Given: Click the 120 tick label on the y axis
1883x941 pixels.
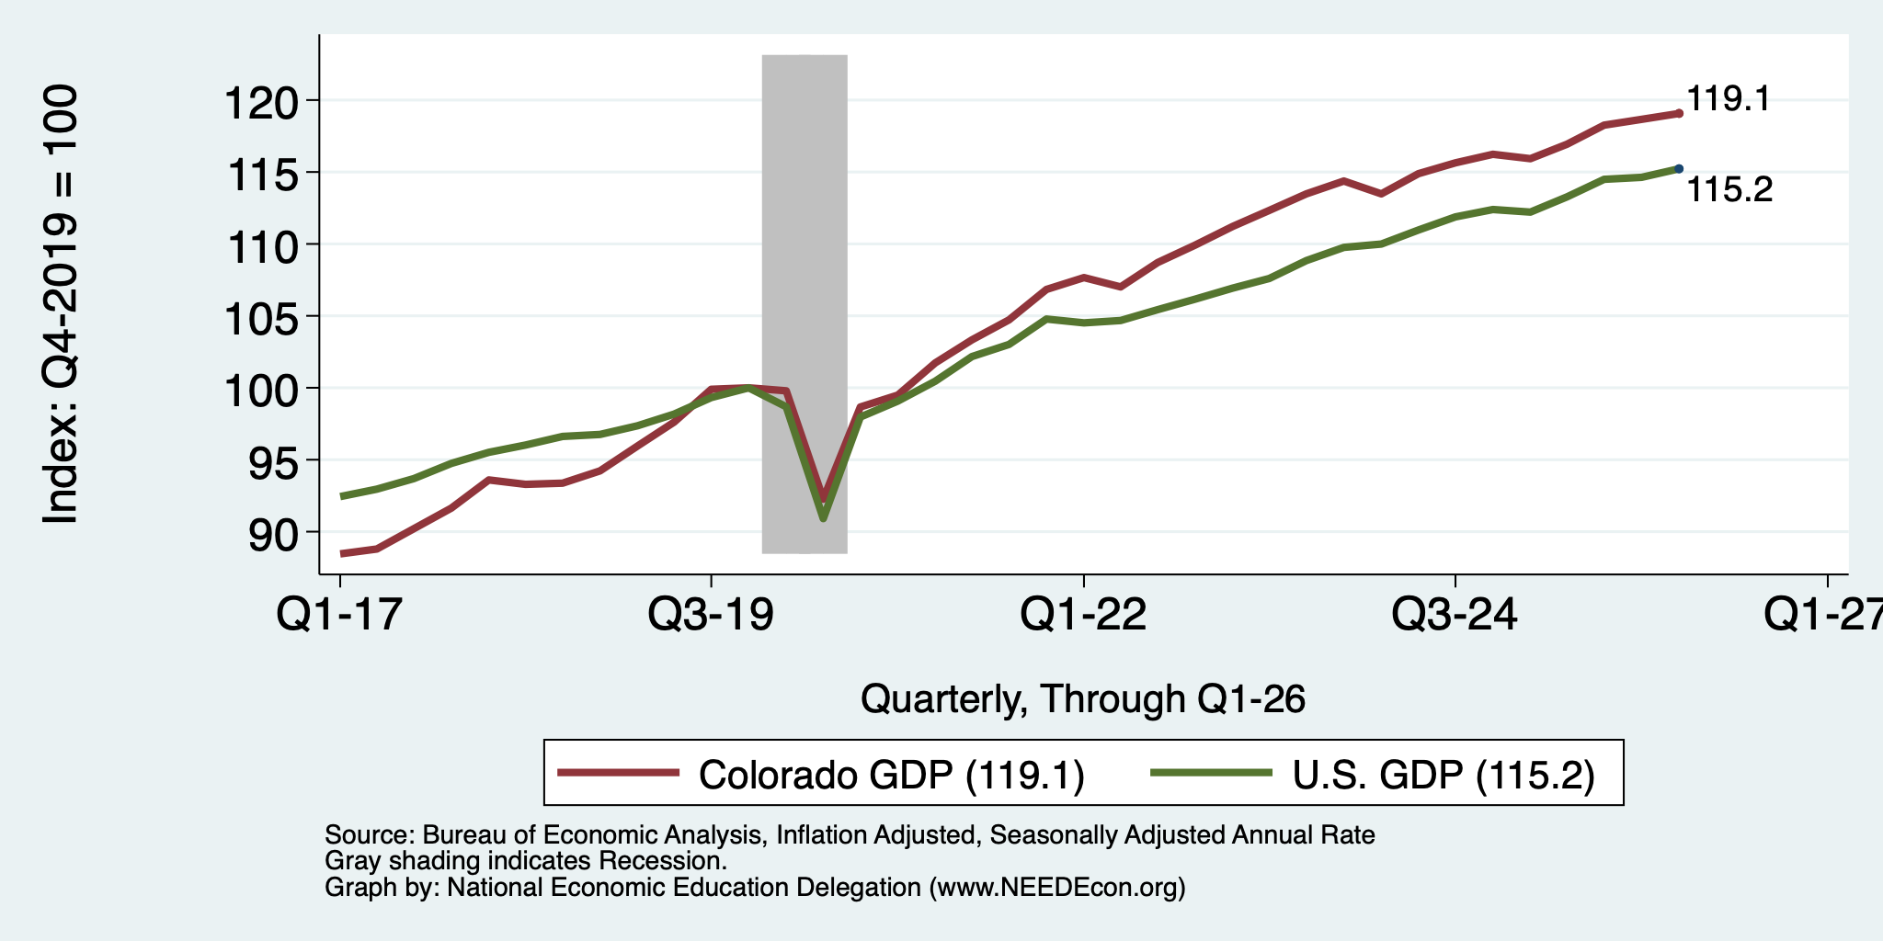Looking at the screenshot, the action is click(261, 100).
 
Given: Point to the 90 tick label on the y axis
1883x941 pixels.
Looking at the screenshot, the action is click(273, 533).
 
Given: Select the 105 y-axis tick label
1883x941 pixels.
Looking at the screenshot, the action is click(261, 317).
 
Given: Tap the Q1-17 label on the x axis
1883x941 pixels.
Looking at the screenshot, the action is click(340, 614).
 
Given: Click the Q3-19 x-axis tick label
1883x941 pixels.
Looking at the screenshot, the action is click(712, 614).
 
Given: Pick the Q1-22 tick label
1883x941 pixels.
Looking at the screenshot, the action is click(1084, 614).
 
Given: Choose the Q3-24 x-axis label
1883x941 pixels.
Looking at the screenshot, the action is click(1455, 614).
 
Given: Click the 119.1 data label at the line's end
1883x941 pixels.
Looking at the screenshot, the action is click(1729, 99).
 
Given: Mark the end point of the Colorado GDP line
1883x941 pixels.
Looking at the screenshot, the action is click(1679, 113).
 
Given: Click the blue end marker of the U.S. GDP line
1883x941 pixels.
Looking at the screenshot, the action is click(1679, 169).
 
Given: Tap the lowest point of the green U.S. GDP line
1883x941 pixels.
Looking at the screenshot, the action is click(823, 519).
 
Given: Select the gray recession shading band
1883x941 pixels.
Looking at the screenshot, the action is click(805, 304).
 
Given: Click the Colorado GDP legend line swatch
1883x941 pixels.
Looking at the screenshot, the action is click(619, 773).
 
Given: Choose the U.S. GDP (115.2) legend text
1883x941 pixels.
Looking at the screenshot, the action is click(1444, 775).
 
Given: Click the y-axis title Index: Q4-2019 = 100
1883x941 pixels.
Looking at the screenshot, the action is click(61, 304).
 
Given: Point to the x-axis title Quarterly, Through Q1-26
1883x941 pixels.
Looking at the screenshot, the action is click(1083, 700).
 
